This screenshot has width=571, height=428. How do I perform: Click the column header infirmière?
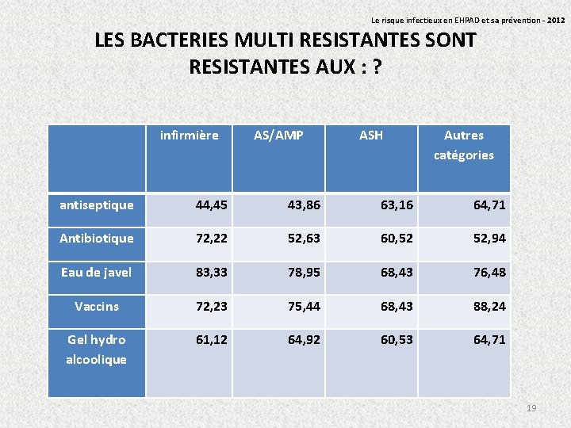click(189, 136)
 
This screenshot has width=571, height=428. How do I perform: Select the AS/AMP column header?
click(278, 136)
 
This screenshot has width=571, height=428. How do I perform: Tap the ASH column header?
click(370, 136)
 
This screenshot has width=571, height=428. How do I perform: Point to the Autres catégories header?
click(464, 145)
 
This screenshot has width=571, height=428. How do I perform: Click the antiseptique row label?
click(97, 205)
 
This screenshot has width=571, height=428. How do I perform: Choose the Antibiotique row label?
click(97, 238)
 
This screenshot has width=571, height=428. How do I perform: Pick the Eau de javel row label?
click(97, 272)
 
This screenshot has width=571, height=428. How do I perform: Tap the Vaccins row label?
click(97, 306)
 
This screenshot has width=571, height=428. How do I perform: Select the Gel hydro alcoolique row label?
click(97, 350)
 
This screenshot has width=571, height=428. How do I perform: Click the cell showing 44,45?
click(212, 205)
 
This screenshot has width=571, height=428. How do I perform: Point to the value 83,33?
click(212, 272)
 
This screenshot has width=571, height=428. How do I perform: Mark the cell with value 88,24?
click(489, 306)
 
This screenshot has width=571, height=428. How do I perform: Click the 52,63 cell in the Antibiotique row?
click(305, 238)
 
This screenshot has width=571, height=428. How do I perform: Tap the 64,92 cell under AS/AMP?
click(305, 339)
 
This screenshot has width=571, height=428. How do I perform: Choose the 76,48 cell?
click(489, 272)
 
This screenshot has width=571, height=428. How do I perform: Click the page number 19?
click(531, 407)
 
